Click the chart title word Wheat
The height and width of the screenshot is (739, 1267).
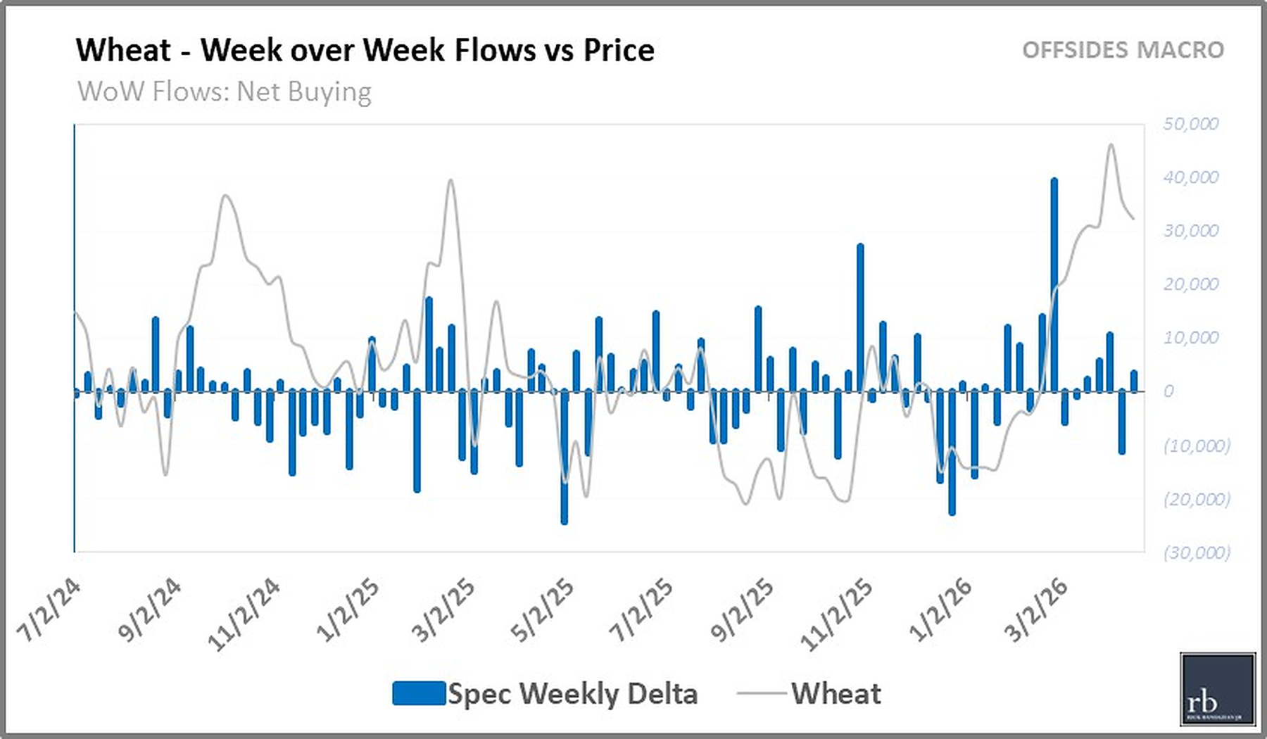[x=123, y=51]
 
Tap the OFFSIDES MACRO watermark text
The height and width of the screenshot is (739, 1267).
[x=1123, y=51]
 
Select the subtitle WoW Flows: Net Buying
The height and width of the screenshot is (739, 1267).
[x=224, y=92]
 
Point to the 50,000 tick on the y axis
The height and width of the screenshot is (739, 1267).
[x=1190, y=124]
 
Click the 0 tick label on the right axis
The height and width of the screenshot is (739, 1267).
[x=1168, y=391]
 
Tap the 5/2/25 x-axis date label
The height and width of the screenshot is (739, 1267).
[x=542, y=611]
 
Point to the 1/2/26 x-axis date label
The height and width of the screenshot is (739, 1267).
[x=940, y=611]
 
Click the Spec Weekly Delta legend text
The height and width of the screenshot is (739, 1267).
[x=572, y=694]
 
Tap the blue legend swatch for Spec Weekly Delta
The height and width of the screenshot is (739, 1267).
[x=419, y=693]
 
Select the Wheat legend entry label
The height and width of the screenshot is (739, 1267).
[x=836, y=694]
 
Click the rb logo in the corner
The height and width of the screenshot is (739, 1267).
[x=1217, y=689]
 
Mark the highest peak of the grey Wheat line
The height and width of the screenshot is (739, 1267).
[x=1111, y=146]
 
